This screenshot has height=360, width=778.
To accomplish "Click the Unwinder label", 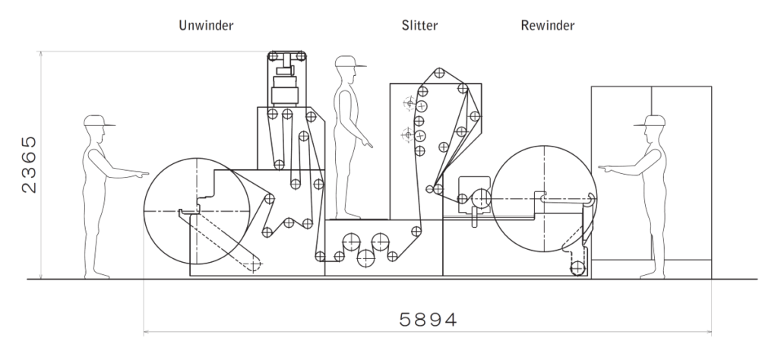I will tap(205, 25).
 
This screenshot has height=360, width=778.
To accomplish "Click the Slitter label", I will tap(420, 25).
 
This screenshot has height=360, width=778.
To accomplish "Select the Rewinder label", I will tap(547, 25).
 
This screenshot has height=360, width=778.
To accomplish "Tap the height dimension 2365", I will tap(27, 165).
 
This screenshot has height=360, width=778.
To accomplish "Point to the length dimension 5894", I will tap(429, 319).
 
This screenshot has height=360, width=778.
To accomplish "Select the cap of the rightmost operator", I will tap(654, 121).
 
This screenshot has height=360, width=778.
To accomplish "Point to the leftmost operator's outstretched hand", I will tap(141, 175).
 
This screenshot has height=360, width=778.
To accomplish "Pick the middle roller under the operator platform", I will tap(368, 258).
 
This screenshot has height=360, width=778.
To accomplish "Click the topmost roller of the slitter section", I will tap(438, 74).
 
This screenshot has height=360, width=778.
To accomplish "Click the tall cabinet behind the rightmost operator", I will tap(682, 175).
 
